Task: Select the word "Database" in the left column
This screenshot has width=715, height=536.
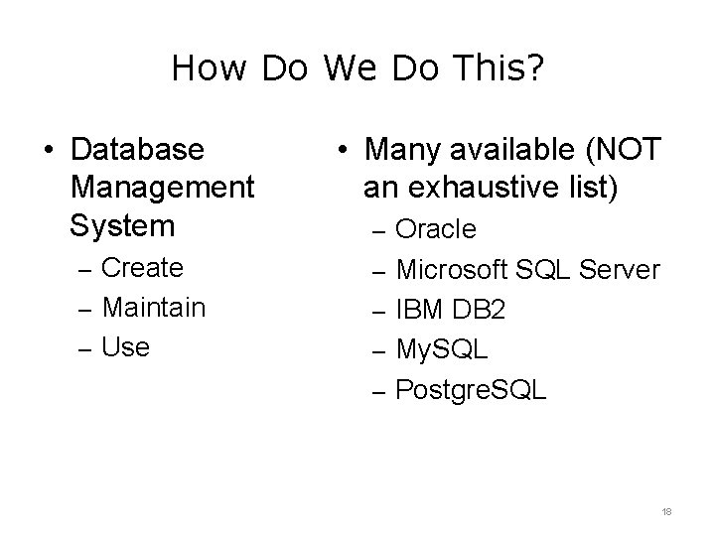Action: click(x=137, y=149)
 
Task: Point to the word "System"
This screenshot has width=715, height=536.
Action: click(x=120, y=225)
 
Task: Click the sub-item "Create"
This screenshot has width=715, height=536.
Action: click(x=143, y=267)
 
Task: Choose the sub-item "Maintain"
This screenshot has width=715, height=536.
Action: click(x=154, y=307)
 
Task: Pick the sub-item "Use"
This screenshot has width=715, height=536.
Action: click(x=126, y=346)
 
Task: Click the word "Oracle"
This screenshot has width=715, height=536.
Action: click(x=436, y=229)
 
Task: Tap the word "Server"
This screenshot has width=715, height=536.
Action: click(x=621, y=269)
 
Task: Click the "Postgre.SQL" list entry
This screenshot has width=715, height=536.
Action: click(x=471, y=389)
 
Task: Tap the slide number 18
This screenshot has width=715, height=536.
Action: click(x=666, y=510)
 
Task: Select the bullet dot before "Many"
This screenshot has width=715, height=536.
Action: click(x=340, y=150)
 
